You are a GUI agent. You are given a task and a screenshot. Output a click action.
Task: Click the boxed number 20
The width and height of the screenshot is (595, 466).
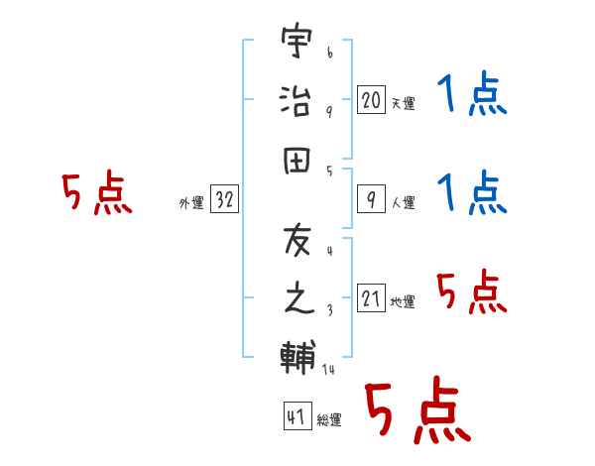(371, 99)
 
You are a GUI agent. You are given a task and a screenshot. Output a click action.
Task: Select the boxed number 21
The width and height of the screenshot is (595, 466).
(371, 298)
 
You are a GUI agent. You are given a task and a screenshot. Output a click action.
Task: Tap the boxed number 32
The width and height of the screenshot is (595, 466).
(224, 200)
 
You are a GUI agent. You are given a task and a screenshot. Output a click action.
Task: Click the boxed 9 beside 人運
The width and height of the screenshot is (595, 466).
(371, 200)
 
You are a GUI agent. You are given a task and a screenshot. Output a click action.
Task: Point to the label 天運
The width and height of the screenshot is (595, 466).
(403, 103)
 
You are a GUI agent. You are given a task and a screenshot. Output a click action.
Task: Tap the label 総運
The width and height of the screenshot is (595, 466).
(328, 420)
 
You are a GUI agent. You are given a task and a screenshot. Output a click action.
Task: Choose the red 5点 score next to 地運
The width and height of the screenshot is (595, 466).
(471, 292)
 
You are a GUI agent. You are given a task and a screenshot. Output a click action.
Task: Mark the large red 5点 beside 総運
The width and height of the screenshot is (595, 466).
(416, 411)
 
